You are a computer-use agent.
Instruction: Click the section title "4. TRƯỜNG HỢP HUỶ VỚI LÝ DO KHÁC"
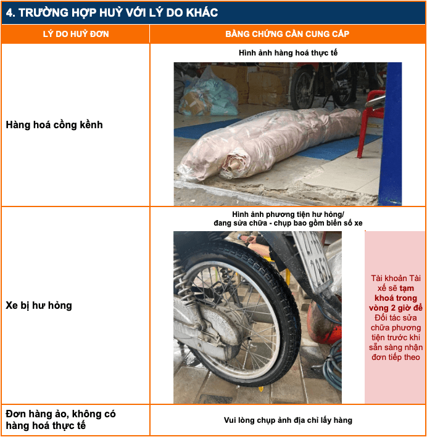coord(112,13)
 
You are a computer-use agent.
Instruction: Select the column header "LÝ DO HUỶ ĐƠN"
coord(76,34)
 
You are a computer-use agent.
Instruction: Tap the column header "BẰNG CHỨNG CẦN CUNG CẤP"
coord(287,34)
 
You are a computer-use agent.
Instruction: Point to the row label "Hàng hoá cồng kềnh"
coord(54,125)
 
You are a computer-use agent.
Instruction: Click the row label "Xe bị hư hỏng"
coord(39,306)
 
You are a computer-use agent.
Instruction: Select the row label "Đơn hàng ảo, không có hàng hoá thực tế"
coord(60,420)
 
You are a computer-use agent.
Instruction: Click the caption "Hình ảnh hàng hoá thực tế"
coord(288,53)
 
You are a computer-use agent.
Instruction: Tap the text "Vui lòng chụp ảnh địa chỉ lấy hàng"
coord(288,420)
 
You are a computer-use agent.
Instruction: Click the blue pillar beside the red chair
coord(391,134)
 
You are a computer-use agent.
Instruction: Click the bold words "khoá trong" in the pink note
coord(396,298)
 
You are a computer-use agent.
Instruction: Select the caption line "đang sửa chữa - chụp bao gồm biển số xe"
coord(288,223)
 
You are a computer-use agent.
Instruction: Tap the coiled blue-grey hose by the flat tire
coord(333,365)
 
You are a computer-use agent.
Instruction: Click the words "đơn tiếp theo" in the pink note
coord(396,357)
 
